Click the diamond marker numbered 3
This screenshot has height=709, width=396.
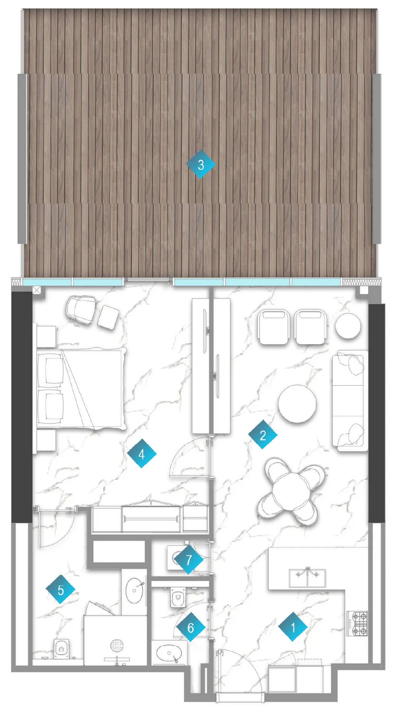(200, 164)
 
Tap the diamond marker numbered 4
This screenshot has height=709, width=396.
(141, 454)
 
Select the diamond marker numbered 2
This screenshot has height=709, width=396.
(263, 435)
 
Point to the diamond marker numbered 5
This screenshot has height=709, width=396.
(61, 589)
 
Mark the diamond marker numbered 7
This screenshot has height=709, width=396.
(188, 560)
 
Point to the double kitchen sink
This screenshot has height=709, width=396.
(307, 578)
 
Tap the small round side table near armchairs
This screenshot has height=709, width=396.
(348, 325)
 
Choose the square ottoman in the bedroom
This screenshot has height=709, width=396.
(108, 317)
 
